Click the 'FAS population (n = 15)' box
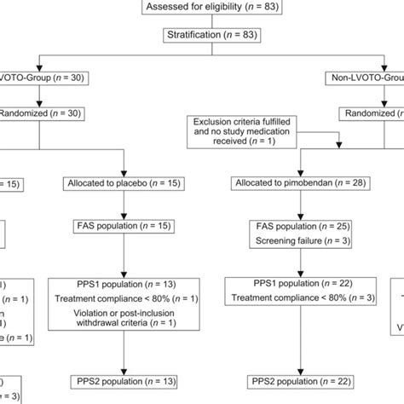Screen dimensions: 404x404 pos(119,226)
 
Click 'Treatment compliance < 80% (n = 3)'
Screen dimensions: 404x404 pos(291,298)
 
